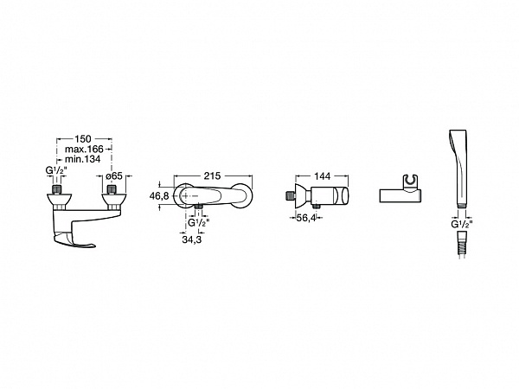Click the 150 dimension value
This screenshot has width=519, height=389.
(x=83, y=138)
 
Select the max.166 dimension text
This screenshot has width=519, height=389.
(x=84, y=149)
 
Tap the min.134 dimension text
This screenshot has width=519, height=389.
(x=83, y=159)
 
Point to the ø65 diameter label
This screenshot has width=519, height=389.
(x=114, y=176)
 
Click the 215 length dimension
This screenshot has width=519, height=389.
(x=212, y=176)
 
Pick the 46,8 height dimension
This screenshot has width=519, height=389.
(x=159, y=196)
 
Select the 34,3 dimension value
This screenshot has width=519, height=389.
(x=192, y=239)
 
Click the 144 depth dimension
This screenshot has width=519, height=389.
(x=323, y=176)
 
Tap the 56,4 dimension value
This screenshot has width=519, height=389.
(x=306, y=218)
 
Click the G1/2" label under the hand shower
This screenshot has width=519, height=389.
(x=462, y=224)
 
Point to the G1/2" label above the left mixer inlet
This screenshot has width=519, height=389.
(x=56, y=170)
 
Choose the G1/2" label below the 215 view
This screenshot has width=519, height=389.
(x=199, y=223)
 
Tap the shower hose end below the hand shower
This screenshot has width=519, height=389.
(x=462, y=246)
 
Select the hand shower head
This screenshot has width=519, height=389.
(x=458, y=169)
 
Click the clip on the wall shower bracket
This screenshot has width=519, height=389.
(x=411, y=182)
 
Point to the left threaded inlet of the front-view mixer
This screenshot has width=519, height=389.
(x=57, y=190)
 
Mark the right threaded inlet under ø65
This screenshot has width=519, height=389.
(x=112, y=190)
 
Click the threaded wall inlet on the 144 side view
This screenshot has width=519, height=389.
(x=289, y=195)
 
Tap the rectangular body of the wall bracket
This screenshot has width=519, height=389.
(x=400, y=195)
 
